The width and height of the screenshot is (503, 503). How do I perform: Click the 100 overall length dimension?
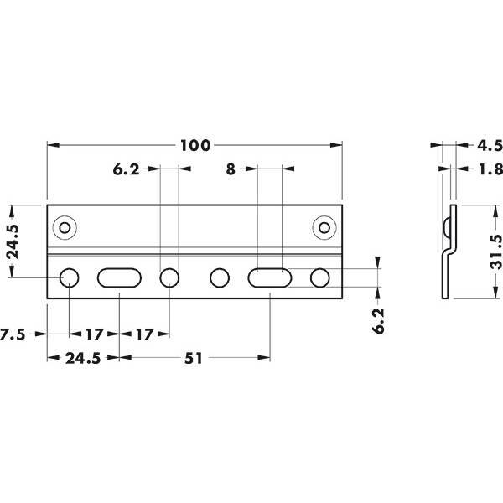195,145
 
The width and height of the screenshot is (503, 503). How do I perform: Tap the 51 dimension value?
194,358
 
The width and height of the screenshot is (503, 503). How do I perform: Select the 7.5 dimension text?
13,334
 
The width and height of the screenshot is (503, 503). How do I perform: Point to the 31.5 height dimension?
496,251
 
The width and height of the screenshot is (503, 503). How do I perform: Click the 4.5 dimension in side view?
490,145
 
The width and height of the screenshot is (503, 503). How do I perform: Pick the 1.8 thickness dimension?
490,169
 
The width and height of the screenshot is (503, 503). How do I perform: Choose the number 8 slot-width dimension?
231,169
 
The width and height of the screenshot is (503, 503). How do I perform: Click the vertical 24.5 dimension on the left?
13,241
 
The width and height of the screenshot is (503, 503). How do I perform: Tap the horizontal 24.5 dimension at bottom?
83,358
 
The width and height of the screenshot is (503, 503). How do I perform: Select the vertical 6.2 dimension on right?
379,321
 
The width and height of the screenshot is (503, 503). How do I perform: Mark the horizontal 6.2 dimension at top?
126,169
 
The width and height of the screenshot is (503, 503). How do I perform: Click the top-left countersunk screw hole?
65,228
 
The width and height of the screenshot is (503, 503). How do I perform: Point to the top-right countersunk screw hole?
324,228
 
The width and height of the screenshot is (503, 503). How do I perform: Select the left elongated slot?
119,277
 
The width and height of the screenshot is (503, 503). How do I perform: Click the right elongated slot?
270,277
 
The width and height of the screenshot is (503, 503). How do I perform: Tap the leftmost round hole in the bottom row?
69,277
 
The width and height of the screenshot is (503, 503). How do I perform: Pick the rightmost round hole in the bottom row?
320,277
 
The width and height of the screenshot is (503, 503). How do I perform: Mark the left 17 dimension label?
94,334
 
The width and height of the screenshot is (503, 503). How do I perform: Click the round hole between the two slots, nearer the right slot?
220,277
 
